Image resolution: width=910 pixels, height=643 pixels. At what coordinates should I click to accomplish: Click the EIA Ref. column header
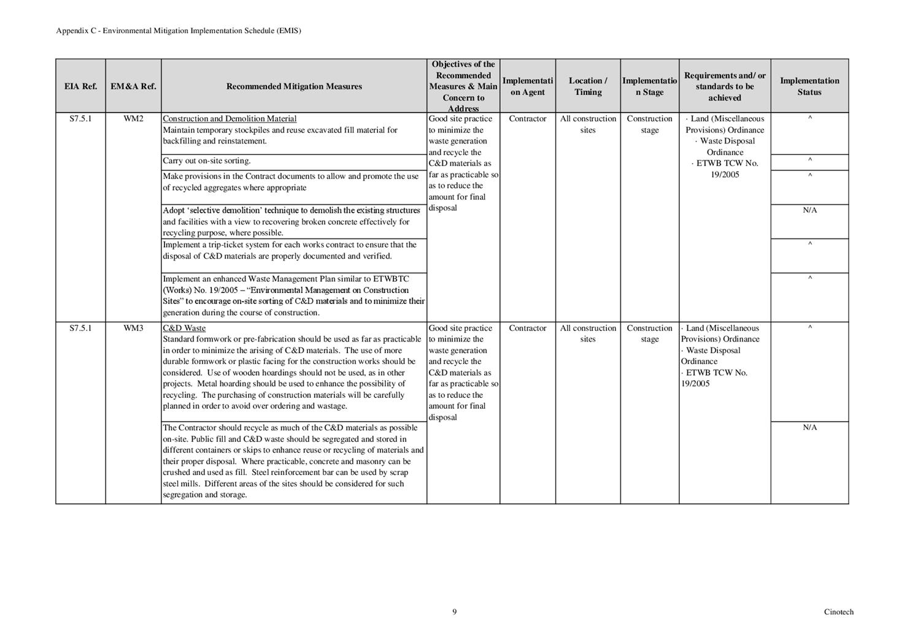point(80,86)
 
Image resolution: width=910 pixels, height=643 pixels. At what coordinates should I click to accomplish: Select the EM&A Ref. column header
point(133,86)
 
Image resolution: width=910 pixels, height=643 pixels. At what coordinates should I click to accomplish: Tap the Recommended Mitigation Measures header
point(294,86)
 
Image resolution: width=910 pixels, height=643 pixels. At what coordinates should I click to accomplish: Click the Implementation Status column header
point(809,86)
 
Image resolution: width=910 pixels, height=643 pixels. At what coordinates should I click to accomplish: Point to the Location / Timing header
point(588,86)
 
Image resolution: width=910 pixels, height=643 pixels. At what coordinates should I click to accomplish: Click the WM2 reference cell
point(133,119)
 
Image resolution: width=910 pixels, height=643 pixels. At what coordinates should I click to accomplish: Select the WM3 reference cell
point(133,329)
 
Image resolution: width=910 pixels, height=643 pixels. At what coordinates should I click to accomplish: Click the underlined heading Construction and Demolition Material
point(229,119)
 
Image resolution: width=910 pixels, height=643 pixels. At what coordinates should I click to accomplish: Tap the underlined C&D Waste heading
point(184,329)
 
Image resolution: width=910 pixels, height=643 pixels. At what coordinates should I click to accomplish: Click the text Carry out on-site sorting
point(207,161)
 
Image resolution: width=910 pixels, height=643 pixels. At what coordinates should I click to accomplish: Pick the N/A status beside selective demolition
point(809,210)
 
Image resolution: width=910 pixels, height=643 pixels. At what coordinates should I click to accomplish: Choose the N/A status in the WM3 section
point(809,428)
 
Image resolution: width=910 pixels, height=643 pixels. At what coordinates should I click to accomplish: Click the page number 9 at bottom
point(455,612)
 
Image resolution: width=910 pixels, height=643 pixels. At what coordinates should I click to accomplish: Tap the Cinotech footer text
point(838,612)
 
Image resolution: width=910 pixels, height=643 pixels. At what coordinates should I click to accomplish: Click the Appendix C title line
point(179,31)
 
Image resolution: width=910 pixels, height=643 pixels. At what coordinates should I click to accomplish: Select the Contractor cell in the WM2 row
point(528,119)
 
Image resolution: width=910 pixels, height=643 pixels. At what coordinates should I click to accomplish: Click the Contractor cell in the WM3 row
point(528,329)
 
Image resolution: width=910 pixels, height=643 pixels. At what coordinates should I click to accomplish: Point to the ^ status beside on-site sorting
point(809,161)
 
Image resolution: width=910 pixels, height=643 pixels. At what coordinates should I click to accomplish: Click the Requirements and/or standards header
point(725,86)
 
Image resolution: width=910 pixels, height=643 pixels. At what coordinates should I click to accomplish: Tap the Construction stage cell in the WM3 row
point(649,333)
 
